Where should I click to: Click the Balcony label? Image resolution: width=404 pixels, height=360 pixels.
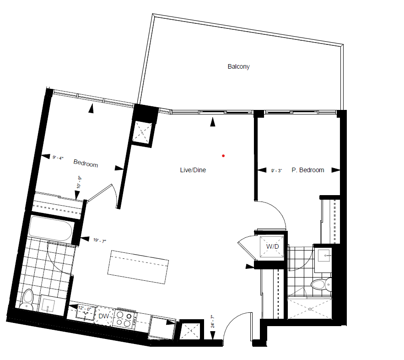click(x=238, y=66)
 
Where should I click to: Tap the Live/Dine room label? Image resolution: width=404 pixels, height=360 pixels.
click(x=193, y=170)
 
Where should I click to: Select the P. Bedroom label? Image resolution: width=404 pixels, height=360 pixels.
click(x=308, y=170)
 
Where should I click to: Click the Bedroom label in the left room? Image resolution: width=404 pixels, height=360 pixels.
click(x=86, y=163)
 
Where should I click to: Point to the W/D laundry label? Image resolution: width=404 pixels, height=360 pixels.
click(x=272, y=246)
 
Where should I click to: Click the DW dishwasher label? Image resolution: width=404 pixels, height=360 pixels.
click(x=104, y=316)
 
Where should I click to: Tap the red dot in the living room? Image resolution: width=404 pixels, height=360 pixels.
click(x=223, y=156)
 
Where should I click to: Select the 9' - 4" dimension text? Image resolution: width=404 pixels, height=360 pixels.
click(x=58, y=158)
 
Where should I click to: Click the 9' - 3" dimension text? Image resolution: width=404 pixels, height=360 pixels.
click(x=276, y=170)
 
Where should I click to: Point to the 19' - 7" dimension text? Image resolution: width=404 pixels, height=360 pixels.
click(x=99, y=240)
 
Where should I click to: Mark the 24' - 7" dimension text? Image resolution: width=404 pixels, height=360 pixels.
click(x=213, y=322)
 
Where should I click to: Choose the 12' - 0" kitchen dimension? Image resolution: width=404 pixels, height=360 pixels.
click(x=85, y=308)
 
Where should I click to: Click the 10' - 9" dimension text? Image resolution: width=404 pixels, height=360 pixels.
click(x=79, y=182)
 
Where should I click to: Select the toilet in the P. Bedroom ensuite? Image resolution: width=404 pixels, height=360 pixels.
click(x=321, y=285)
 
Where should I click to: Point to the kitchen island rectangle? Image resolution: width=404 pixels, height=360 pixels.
click(x=138, y=267)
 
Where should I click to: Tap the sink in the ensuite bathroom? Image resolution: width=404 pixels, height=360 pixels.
click(x=323, y=256)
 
